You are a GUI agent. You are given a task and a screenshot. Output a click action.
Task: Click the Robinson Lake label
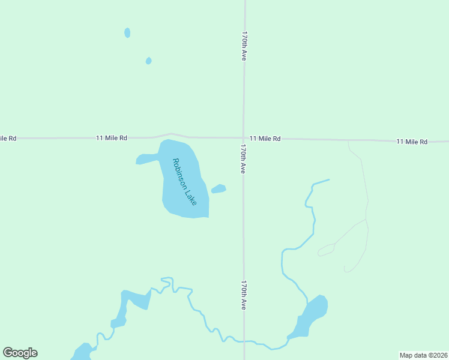point(184,181)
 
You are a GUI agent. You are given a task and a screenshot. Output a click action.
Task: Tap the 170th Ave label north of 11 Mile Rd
point(244,46)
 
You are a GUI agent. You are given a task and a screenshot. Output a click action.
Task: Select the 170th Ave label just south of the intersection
point(243,159)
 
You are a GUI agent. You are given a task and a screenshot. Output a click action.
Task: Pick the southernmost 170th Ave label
point(244,295)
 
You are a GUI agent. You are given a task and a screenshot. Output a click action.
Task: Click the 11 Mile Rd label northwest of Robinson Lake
point(112,138)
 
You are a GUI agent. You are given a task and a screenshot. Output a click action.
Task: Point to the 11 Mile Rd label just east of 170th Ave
point(265,139)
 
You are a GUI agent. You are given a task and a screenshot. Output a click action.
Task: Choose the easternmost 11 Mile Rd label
point(412,142)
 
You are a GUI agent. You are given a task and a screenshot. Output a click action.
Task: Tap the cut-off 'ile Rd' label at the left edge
point(8,138)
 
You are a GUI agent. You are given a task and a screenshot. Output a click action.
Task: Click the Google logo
point(20,353)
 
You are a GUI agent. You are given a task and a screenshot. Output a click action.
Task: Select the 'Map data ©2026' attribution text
point(423,355)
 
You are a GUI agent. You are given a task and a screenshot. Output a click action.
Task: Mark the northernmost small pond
point(127,32)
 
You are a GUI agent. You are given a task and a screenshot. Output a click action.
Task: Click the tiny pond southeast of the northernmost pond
point(148,61)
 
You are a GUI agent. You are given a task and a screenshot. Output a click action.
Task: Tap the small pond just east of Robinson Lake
point(218,189)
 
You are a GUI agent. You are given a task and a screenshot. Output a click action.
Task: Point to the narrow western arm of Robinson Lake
point(146,159)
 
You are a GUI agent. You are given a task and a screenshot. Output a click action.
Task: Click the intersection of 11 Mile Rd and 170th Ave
point(243,138)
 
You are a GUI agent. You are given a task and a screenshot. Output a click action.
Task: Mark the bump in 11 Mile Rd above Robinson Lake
point(171,134)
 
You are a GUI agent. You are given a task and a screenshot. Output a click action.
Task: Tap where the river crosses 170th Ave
point(244,341)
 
